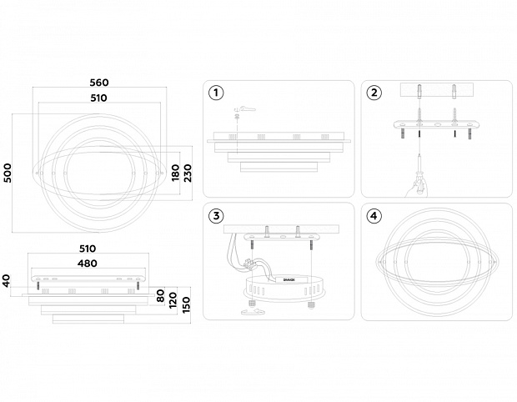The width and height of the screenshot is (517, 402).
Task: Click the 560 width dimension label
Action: coord(99,83)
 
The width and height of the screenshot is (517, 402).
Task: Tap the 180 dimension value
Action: coord(175,172)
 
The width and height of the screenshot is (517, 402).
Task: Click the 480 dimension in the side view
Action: coord(88,264)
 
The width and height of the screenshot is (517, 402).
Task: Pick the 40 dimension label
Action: coord(7,280)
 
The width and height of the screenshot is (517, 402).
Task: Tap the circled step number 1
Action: coord(216,93)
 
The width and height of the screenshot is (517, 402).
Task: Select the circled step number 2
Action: coord(374,93)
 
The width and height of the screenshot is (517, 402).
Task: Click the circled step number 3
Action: coord(216,216)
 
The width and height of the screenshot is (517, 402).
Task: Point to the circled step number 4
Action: coord(374,216)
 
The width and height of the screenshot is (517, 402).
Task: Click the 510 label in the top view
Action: coord(99,98)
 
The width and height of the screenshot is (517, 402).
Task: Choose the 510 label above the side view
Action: coord(88,249)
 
